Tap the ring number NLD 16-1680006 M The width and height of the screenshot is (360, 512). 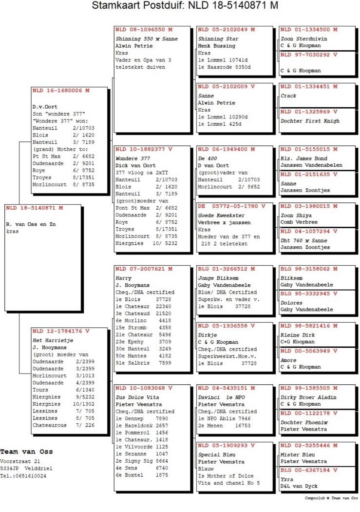61,91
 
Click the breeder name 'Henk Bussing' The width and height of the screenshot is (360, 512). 216,45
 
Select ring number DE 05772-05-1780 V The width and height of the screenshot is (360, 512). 231,206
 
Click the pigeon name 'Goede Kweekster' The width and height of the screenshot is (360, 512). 222,215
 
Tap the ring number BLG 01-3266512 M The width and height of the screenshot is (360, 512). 227,269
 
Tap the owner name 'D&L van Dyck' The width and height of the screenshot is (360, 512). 298,487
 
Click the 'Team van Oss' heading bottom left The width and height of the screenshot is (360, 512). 27,452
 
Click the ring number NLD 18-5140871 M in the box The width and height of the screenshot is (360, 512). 35,208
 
